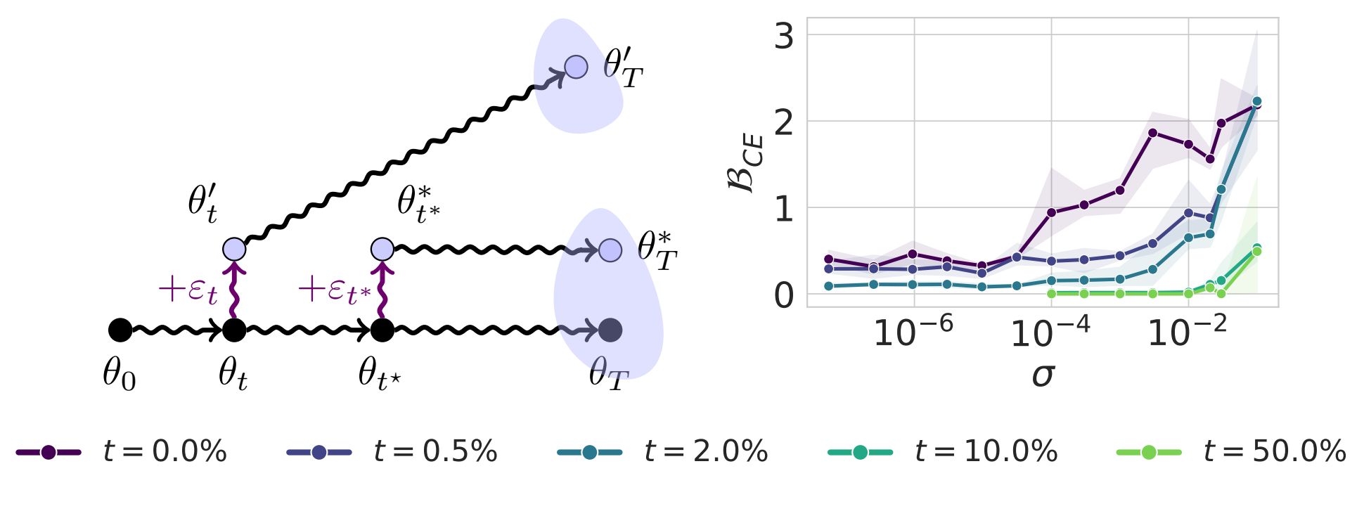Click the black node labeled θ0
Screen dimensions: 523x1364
[x=120, y=330]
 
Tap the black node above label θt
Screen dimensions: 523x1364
[x=234, y=330]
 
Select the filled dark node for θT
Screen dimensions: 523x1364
[x=610, y=330]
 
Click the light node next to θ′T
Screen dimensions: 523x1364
[x=576, y=67]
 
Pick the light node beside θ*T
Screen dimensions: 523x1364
[x=610, y=250]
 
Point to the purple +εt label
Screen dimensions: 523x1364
[x=188, y=290]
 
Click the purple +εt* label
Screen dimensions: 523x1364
[x=334, y=290]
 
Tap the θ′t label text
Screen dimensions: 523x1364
[x=202, y=203]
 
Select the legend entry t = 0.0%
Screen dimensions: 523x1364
[x=121, y=451]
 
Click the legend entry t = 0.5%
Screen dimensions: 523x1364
[x=392, y=451]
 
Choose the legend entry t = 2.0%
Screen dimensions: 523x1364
[x=662, y=451]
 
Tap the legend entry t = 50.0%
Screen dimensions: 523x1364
[x=1231, y=451]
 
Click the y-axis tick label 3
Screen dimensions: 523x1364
[x=783, y=37]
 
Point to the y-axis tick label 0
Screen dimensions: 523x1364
[x=783, y=296]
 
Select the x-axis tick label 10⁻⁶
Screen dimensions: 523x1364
[x=913, y=331]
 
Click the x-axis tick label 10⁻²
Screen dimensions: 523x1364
[x=1187, y=331]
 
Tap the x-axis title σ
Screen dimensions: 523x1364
[x=1043, y=375]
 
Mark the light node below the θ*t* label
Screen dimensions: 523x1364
[x=382, y=250]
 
